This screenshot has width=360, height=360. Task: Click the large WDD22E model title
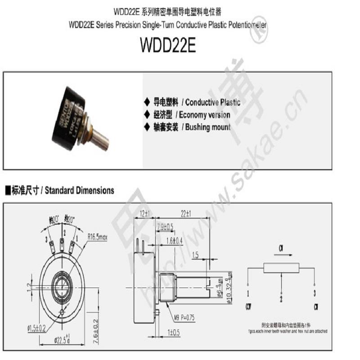pos(168,45)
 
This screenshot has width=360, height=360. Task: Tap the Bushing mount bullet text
pos(206,127)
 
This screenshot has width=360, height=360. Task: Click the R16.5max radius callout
pos(98,236)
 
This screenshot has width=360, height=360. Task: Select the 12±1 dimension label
pos(144,213)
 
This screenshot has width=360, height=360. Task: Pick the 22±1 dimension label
pos(186,213)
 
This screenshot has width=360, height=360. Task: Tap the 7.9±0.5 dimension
pos(165,226)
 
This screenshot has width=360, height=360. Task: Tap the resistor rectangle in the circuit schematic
pos(281,268)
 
